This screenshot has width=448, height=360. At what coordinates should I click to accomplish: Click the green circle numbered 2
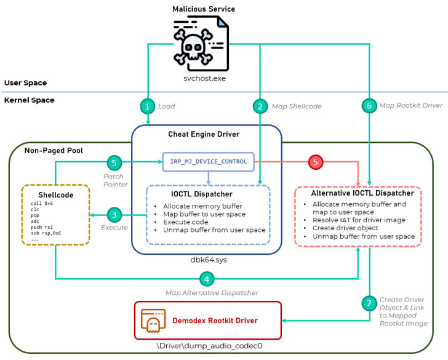[x=260, y=106]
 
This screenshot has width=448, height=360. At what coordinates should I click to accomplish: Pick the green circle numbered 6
[x=369, y=106]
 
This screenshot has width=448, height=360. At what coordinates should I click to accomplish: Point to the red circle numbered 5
[x=316, y=162]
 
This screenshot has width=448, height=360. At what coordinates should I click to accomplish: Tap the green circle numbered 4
[x=207, y=279]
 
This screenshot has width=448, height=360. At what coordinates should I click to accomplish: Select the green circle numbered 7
[x=369, y=303]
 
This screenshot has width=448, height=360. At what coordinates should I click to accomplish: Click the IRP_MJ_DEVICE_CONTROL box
[x=208, y=162]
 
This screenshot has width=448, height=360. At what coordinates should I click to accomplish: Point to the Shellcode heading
[x=56, y=194]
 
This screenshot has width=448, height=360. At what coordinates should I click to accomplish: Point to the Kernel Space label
[x=29, y=100]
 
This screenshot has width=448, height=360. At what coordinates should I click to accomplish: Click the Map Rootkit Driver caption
[x=411, y=105]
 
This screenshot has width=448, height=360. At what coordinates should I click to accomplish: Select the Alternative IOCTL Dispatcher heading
[x=358, y=193]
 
